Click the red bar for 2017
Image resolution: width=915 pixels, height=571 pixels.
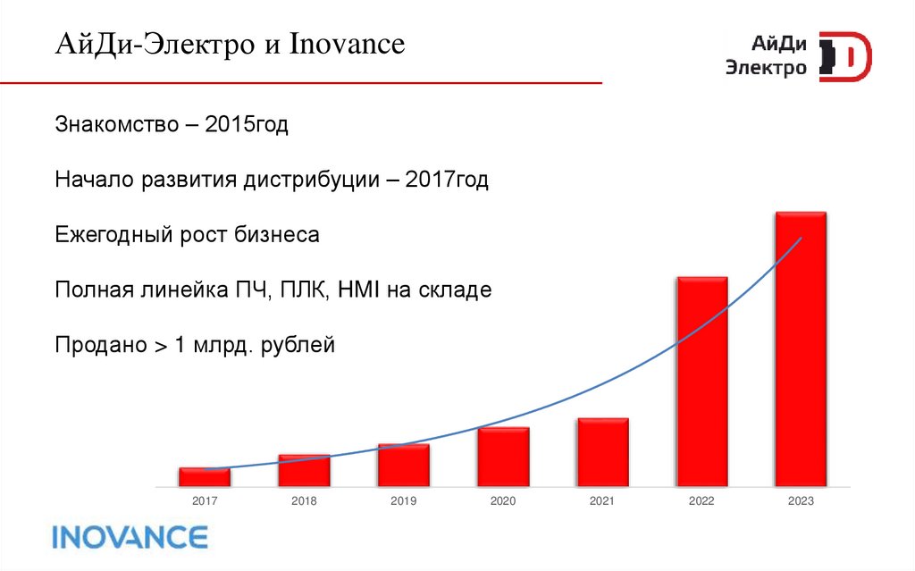pyautogui.click(x=205, y=477)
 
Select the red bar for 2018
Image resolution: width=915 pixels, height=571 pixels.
pyautogui.click(x=304, y=471)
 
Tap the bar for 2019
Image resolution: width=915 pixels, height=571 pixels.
pyautogui.click(x=403, y=465)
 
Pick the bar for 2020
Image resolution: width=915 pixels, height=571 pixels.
pyautogui.click(x=503, y=457)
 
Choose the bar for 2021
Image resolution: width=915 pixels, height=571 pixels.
pyautogui.click(x=602, y=452)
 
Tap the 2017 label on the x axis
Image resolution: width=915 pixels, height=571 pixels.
pyautogui.click(x=205, y=501)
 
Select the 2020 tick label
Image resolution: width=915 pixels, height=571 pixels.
pyautogui.click(x=503, y=501)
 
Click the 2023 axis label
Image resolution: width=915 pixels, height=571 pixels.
pyautogui.click(x=801, y=501)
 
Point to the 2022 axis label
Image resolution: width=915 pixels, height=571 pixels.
pyautogui.click(x=701, y=501)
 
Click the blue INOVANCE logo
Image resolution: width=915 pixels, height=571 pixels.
pyautogui.click(x=130, y=536)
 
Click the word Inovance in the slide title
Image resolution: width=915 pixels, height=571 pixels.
pyautogui.click(x=347, y=44)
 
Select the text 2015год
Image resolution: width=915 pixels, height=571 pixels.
pyautogui.click(x=247, y=125)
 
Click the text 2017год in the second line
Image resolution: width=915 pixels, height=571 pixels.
pyautogui.click(x=447, y=180)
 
